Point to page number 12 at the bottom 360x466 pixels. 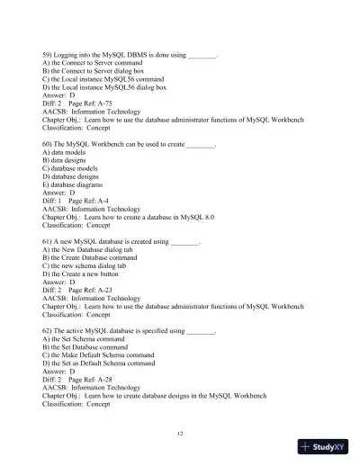(x=181, y=433)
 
